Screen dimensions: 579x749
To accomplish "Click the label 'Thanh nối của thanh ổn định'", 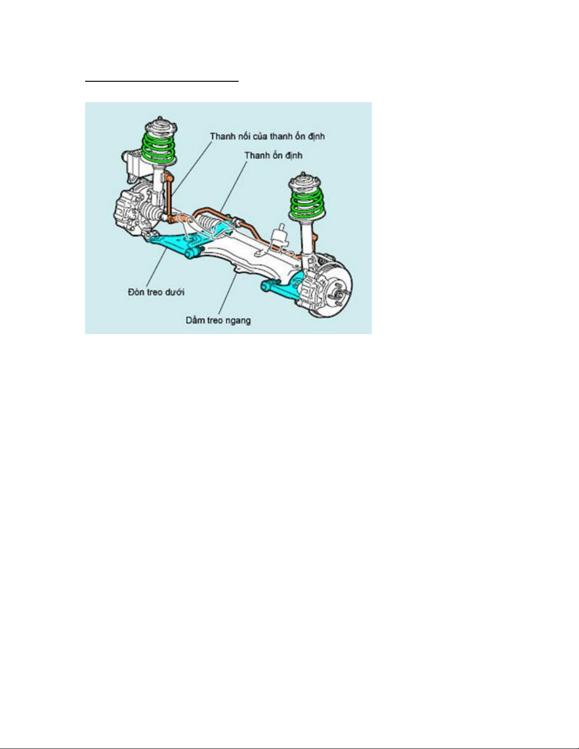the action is pyautogui.click(x=268, y=136).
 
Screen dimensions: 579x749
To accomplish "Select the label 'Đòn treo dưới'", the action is pyautogui.click(x=156, y=292).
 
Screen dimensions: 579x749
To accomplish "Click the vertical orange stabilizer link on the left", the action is pyautogui.click(x=169, y=198).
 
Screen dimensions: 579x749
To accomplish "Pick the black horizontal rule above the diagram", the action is pyautogui.click(x=162, y=81).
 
